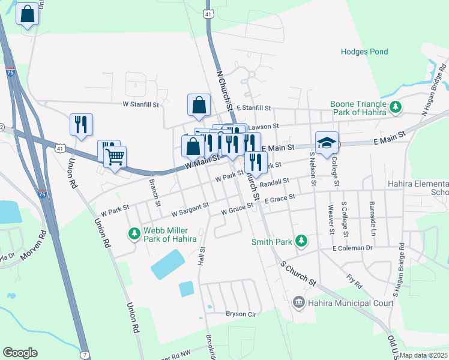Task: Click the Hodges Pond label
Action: (x=364, y=52)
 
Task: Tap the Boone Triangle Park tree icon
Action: (x=396, y=107)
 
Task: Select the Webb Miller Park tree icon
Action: (x=133, y=233)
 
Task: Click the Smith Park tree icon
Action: (x=303, y=242)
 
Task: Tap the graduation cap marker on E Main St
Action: (x=327, y=143)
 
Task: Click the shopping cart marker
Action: (x=115, y=158)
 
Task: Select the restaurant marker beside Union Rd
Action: (x=81, y=125)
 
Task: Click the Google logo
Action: (x=20, y=353)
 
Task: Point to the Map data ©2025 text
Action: (x=423, y=355)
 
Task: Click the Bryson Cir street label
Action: (x=241, y=314)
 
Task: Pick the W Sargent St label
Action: (x=190, y=209)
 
